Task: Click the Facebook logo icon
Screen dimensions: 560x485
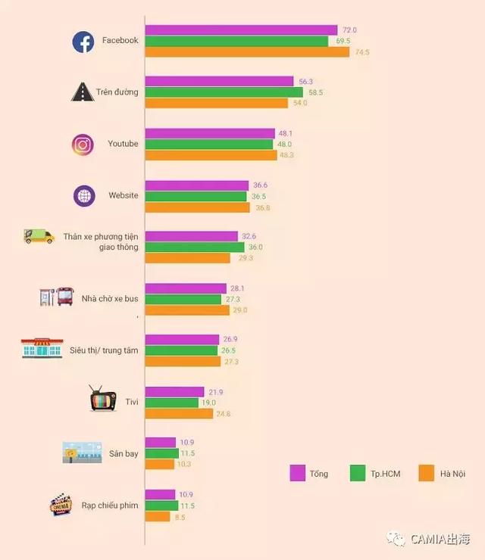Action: (83, 42)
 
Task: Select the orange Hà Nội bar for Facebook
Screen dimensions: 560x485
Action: (247, 52)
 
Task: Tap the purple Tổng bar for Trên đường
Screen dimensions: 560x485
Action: (219, 81)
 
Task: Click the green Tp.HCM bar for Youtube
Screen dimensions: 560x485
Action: (208, 144)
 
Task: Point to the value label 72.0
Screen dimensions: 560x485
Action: (349, 30)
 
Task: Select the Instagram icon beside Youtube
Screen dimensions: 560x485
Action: (83, 145)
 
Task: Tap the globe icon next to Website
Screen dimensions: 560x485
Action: (84, 196)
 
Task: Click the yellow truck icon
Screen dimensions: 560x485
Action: (39, 237)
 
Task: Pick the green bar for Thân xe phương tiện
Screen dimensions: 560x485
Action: (195, 247)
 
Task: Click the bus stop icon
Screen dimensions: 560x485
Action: (56, 296)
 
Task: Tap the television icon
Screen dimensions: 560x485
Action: (102, 398)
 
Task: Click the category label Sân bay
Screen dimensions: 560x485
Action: (124, 453)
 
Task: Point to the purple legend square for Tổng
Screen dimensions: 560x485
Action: (298, 473)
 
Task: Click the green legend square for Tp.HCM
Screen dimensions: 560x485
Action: (358, 473)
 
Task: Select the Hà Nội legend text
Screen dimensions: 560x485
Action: (452, 474)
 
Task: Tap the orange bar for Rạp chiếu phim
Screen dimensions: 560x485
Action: (158, 517)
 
